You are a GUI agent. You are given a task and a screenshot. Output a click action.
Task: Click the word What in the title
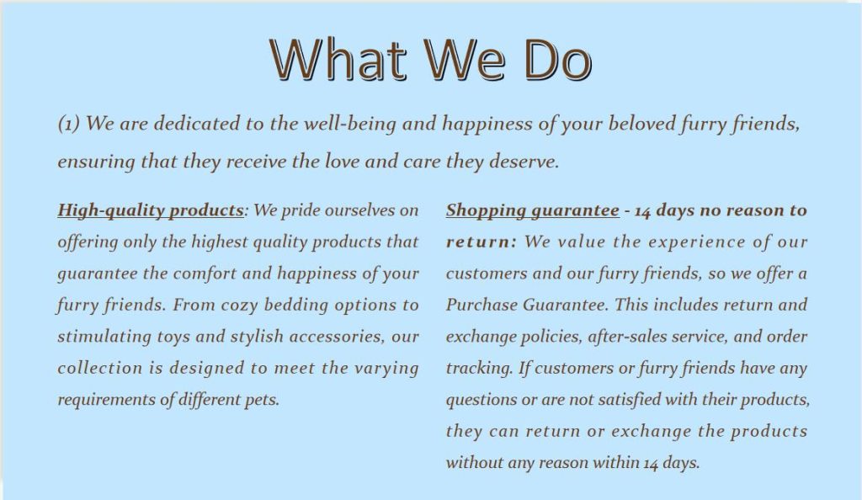pyautogui.click(x=338, y=59)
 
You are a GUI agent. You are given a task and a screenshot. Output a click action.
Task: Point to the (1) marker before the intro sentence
pyautogui.click(x=69, y=124)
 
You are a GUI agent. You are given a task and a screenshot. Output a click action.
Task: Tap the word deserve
pyautogui.click(x=524, y=162)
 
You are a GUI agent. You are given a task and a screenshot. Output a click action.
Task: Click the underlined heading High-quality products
pyautogui.click(x=151, y=210)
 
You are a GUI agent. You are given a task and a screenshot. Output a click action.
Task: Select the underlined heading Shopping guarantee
pyautogui.click(x=532, y=210)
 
